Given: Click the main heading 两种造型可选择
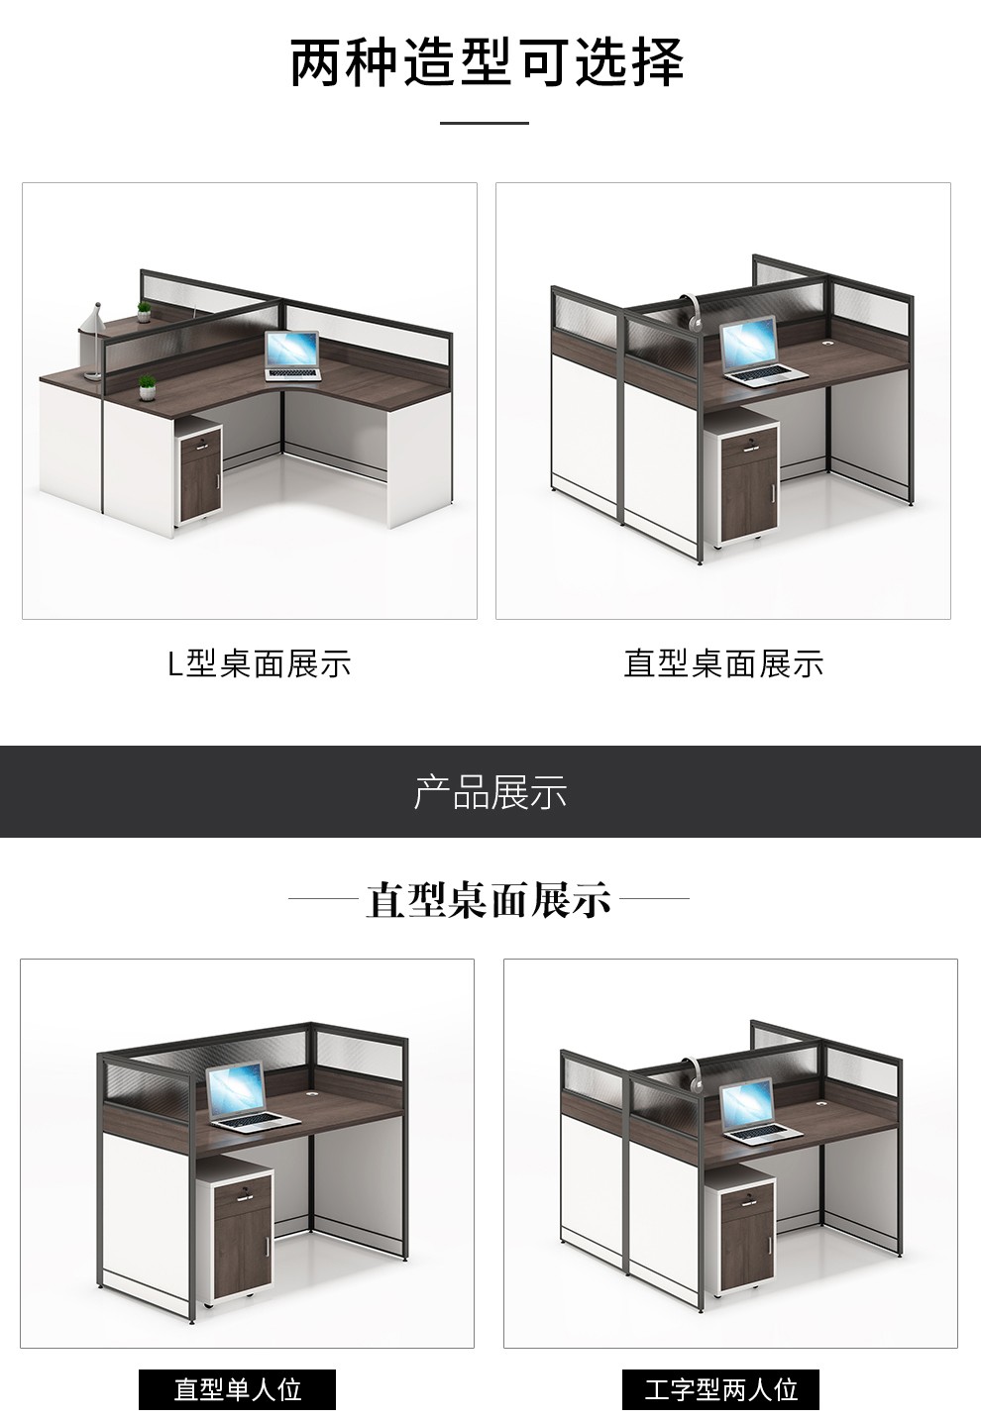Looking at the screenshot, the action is pyautogui.click(x=487, y=62).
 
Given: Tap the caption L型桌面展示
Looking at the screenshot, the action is pyautogui.click(x=260, y=663).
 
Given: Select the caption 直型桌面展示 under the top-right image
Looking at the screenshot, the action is pyautogui.click(x=723, y=663).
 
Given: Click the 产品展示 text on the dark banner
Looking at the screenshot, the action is pyautogui.click(x=490, y=792).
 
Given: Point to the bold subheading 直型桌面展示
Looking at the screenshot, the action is pyautogui.click(x=488, y=899).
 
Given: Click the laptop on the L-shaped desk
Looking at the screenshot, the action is pyautogui.click(x=292, y=356).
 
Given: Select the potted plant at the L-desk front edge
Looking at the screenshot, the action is pyautogui.click(x=147, y=388).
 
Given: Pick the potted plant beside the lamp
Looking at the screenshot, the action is pyautogui.click(x=145, y=312).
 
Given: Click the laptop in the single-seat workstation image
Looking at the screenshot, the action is pyautogui.click(x=250, y=1097).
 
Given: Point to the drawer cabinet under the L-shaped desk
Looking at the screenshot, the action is pyautogui.click(x=200, y=469).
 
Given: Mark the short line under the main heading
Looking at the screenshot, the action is pyautogui.click(x=485, y=123).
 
